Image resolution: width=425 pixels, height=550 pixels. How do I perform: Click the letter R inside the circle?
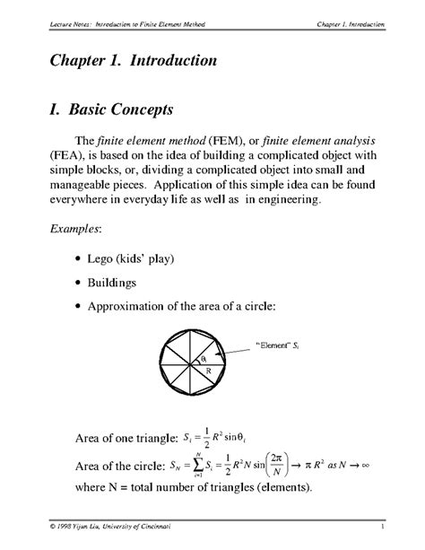208,370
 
